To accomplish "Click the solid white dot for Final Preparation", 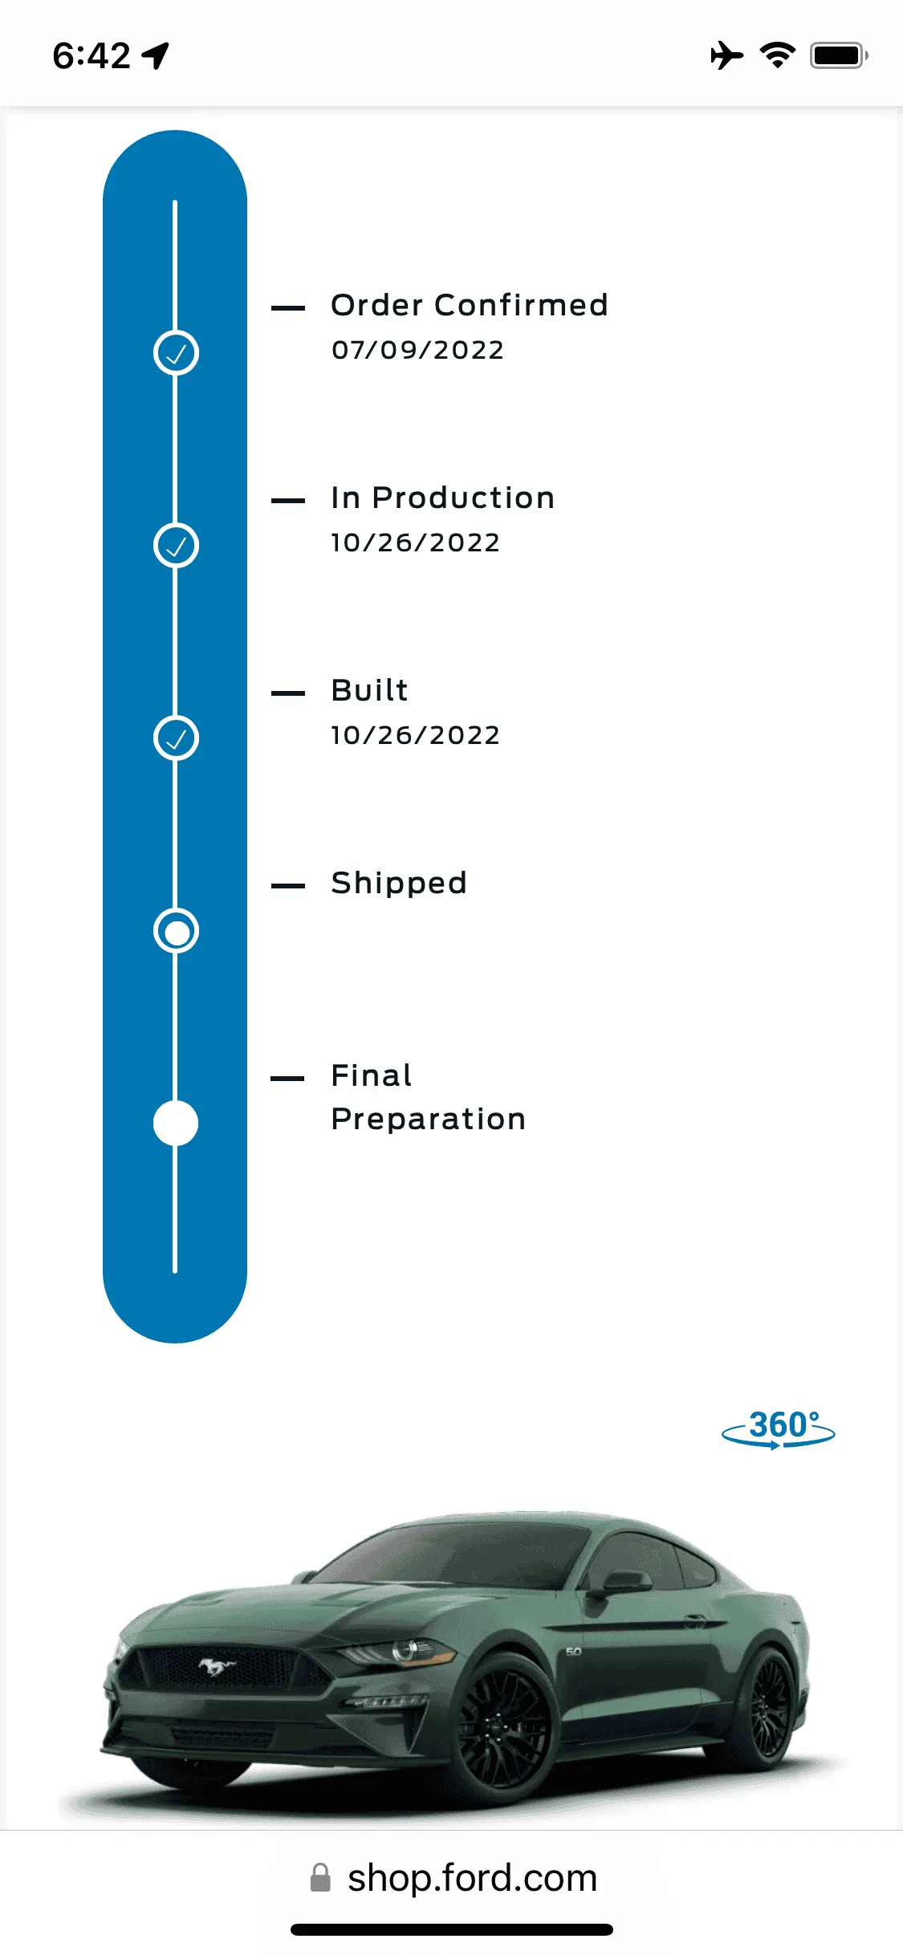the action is (176, 1124).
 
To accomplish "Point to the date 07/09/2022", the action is (417, 350).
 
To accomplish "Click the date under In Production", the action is (415, 543).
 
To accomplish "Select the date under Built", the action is (415, 735).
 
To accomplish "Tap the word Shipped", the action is (399, 884).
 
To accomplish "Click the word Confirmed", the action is (521, 305).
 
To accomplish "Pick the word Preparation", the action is (429, 1120).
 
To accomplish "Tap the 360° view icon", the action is (779, 1429).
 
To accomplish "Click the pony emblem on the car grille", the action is (217, 1668).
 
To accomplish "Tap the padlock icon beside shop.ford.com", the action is (320, 1878).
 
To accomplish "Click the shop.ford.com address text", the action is (473, 1879).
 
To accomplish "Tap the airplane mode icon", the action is (726, 55).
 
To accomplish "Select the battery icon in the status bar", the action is (839, 55).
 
